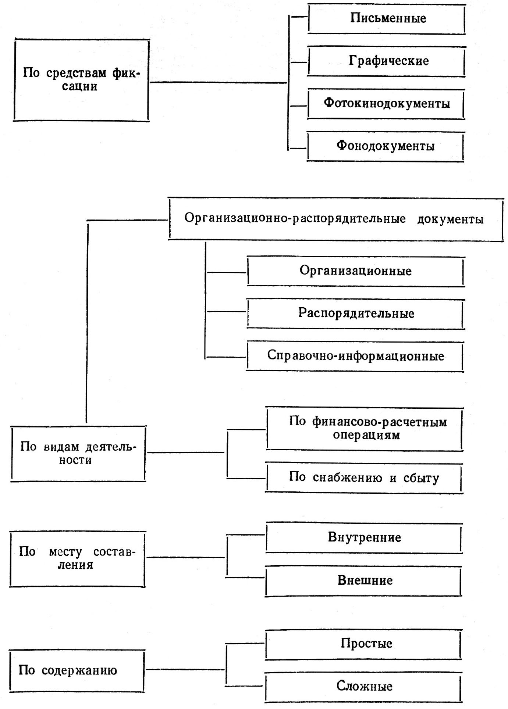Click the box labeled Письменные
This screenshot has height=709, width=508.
387,18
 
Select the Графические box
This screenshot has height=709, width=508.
387,61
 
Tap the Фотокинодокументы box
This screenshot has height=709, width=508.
386,104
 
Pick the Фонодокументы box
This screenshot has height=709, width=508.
385,146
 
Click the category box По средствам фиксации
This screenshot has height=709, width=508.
81,80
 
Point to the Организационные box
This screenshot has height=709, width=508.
355,271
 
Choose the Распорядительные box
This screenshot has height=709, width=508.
356,314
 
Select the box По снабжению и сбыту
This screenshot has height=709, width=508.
364,478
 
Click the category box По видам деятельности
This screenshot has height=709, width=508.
78,454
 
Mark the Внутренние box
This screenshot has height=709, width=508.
364,538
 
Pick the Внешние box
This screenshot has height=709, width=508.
364,581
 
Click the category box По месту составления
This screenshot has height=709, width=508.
78,559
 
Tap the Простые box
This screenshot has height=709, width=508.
364,644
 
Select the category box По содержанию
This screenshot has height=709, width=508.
77,670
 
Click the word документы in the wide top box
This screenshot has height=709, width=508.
450,219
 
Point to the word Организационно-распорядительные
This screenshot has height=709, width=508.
295,219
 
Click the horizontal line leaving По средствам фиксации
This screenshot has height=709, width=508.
219,83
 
